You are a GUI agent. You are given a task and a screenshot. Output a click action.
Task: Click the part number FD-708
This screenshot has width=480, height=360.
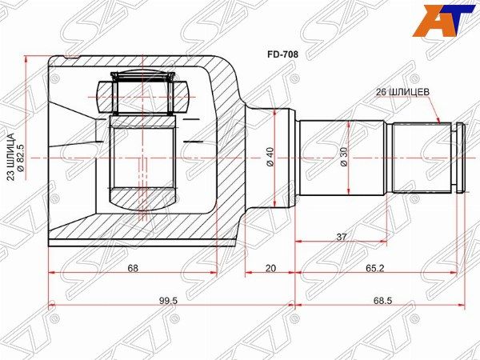(x=282, y=54)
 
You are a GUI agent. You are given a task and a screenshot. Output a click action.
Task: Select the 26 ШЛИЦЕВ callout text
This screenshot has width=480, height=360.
(x=402, y=92)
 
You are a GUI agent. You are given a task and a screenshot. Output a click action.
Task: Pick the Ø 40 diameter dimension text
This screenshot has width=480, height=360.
(x=270, y=157)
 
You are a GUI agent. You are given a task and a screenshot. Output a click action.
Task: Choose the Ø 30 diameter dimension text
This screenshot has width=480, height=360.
(x=344, y=157)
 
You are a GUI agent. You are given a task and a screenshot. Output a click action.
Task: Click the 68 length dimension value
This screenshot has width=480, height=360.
(x=133, y=268)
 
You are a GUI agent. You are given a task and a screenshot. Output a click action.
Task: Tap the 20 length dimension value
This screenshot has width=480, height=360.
(x=270, y=268)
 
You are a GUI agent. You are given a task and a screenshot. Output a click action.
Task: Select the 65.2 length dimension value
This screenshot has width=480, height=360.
(x=374, y=268)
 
